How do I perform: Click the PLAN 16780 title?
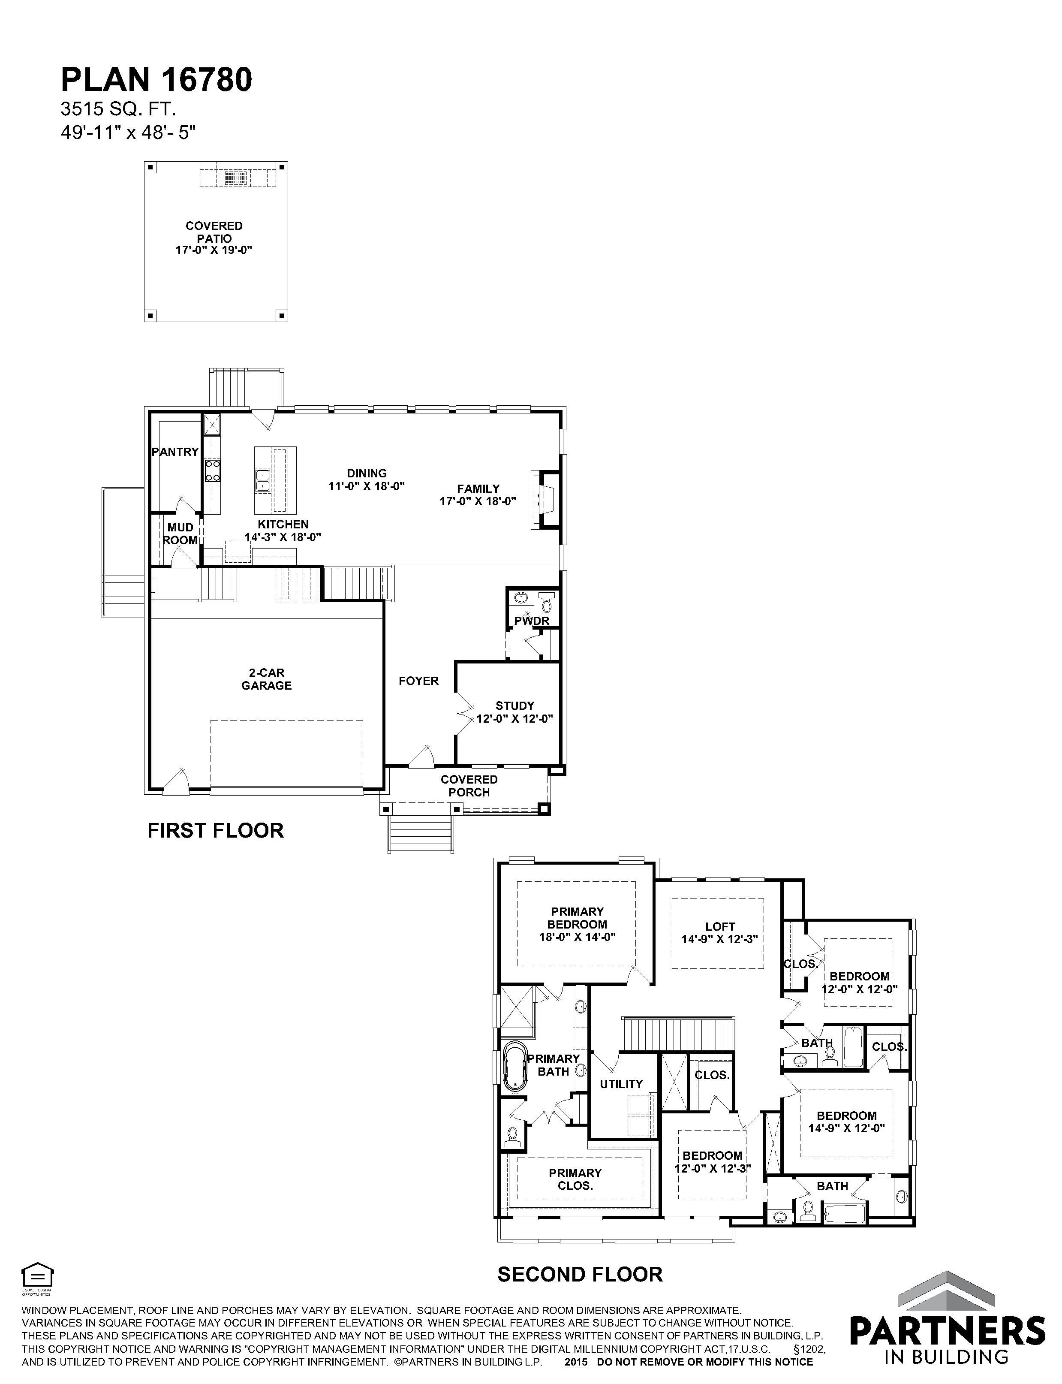[156, 80]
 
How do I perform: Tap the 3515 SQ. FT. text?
[118, 109]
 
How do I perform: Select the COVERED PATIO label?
[214, 232]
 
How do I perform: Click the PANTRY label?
[175, 452]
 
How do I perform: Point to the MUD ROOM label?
[180, 534]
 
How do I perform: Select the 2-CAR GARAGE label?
[266, 679]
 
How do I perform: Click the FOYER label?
[418, 681]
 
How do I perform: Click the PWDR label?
[532, 621]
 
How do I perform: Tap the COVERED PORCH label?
[469, 786]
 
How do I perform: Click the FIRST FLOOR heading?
[216, 830]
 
